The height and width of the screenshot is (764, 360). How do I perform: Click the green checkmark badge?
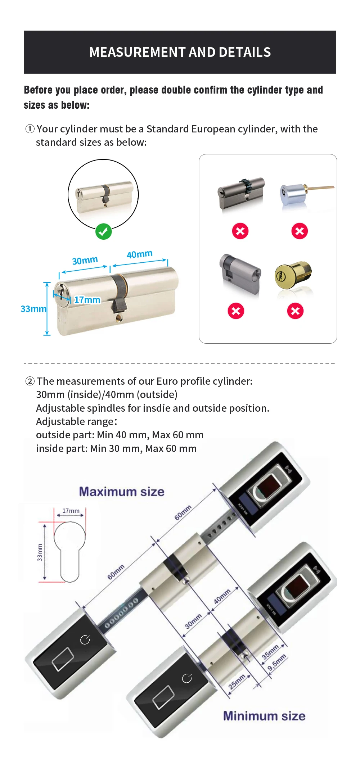(103, 232)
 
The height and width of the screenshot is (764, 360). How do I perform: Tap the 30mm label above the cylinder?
(85, 260)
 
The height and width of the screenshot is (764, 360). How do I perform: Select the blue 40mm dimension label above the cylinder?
(140, 254)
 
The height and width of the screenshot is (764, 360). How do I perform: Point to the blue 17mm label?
(87, 300)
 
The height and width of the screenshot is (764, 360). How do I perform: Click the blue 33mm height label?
(33, 309)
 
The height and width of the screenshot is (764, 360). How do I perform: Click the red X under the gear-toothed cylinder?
(240, 231)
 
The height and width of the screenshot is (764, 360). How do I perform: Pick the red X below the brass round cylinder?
(295, 311)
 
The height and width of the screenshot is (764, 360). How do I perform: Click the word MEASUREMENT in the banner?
(137, 52)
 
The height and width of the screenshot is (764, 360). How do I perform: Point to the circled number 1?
(30, 129)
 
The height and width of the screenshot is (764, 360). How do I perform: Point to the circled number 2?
(30, 381)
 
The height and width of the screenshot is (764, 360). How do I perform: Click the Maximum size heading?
(122, 492)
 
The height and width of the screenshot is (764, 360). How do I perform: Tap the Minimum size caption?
(264, 716)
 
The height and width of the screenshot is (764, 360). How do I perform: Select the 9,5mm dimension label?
(277, 663)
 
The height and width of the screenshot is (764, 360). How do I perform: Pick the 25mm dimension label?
(237, 682)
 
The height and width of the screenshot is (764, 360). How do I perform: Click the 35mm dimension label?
(270, 652)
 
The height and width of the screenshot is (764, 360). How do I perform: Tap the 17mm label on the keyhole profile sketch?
(71, 511)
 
